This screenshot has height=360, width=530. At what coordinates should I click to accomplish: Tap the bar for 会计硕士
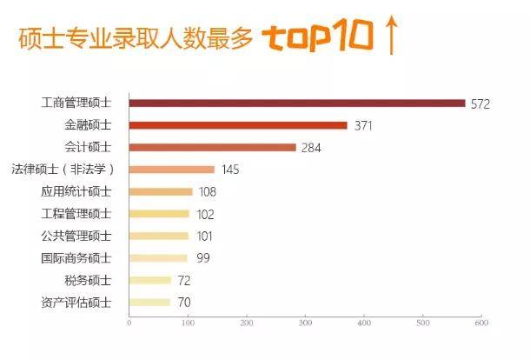pos(213,148)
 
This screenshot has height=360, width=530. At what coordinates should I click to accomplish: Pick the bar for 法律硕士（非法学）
pos(172,170)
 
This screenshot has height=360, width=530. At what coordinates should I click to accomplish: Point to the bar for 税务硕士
pos(150,280)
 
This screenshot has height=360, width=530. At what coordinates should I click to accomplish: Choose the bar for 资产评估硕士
pos(149,303)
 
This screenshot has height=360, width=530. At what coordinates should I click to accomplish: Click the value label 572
pos(480,104)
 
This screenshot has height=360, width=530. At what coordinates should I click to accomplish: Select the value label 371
pos(364,126)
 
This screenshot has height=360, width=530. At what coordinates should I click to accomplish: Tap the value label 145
pos(230,170)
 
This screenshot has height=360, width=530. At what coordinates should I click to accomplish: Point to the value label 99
pos(203,258)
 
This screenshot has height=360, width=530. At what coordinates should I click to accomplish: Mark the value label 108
pos(207,192)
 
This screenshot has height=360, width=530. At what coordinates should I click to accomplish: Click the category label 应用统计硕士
pos(76,191)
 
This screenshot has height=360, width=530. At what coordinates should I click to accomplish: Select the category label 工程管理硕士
pos(76,214)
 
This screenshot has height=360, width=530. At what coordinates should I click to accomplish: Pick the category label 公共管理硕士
pos(76,236)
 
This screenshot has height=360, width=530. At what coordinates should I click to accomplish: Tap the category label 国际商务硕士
pos(76,258)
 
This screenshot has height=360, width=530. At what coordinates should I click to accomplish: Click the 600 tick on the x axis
pos(481,324)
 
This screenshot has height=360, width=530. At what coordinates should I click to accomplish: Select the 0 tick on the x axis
pos(129,324)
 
